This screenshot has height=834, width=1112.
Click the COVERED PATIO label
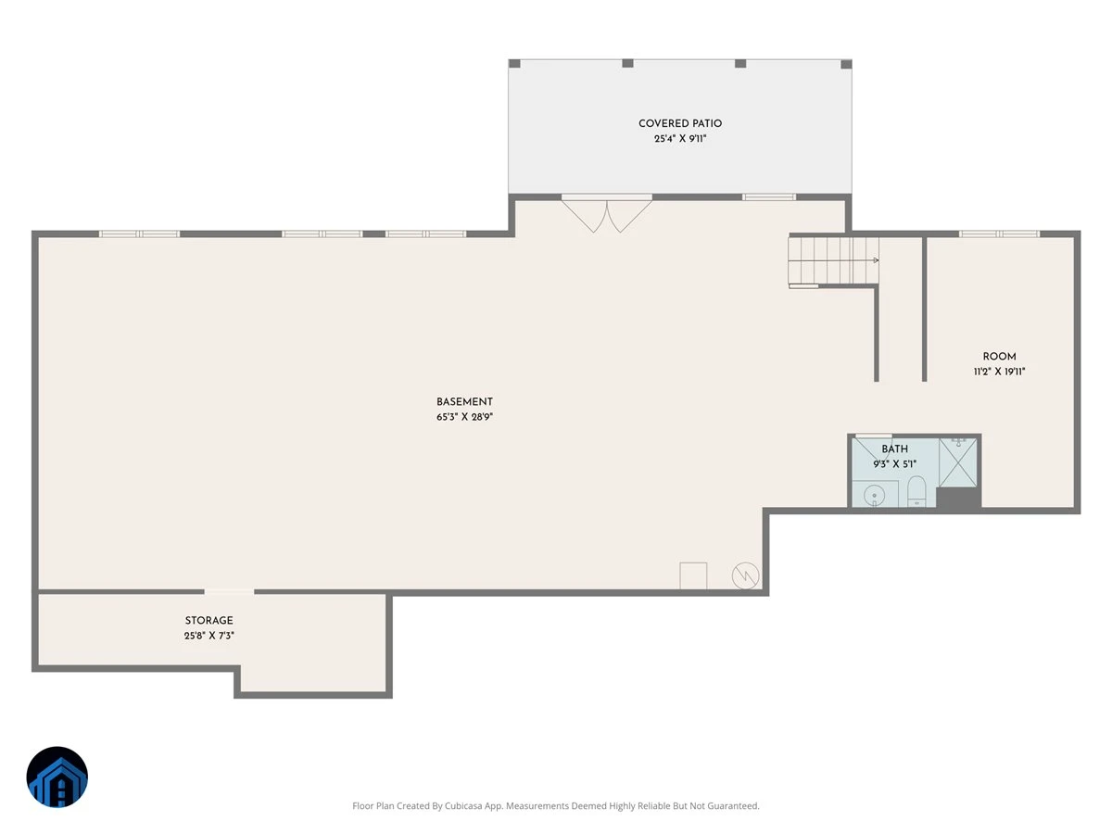680,123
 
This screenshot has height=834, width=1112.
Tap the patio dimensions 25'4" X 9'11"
680,139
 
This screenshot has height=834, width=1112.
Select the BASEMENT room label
464,402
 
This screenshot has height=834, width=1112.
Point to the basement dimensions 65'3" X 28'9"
464,417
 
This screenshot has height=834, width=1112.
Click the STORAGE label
208,621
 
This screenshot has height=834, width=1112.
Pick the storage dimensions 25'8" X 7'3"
208,636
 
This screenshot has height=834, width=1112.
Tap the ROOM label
999,357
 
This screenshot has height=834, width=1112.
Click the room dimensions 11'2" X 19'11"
999,372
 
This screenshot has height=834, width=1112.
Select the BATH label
894,449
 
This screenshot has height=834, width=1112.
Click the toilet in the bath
916,491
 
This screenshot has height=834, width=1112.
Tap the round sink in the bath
874,495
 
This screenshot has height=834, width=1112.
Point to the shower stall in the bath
958,462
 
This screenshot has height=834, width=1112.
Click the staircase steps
833,260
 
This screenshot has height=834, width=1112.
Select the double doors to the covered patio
606,215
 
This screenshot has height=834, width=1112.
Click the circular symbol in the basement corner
746,575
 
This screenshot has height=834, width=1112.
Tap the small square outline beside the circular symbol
693,575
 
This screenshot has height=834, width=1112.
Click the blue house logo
57,777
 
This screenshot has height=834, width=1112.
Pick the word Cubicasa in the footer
463,805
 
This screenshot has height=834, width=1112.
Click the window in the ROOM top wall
999,234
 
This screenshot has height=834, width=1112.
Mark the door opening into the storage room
229,591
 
